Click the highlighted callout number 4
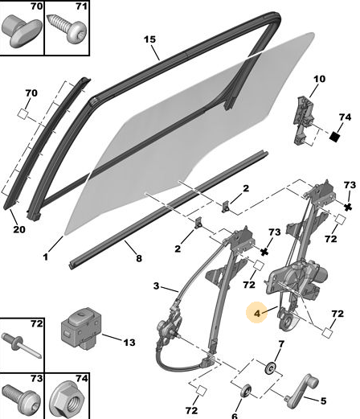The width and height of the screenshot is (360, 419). point(257,313)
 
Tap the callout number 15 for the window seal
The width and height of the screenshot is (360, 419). point(149,39)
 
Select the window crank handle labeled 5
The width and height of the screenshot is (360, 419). point(301,392)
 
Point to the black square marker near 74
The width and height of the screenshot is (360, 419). point(334,137)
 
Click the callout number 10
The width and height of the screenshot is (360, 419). point(319,79)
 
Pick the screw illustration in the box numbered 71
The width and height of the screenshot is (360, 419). point(65,29)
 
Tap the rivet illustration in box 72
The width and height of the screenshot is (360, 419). point(21,345)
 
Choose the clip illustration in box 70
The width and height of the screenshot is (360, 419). point(22,31)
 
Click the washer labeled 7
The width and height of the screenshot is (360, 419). point(271,368)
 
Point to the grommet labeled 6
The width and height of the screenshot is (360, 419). point(246,391)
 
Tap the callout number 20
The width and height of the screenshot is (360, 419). point(19,229)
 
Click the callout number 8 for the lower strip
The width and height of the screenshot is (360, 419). point(139,258)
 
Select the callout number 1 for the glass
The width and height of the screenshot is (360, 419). point(46,257)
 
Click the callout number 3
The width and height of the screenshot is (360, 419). point(157,286)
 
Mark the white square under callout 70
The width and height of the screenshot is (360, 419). point(22,114)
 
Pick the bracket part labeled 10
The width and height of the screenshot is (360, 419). point(304,121)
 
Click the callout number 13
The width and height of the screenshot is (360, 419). point(129,343)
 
